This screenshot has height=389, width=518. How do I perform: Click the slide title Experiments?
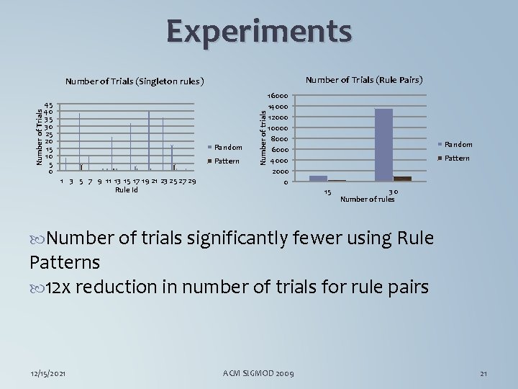coord(259,32)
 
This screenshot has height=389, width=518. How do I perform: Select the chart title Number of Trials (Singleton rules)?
coord(135,81)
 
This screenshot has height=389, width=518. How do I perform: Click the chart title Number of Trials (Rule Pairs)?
coord(364,79)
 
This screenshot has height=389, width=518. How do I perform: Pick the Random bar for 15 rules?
coord(318,178)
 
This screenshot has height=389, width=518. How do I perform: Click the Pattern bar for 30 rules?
coord(402,179)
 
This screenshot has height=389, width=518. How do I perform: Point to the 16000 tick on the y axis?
coord(278,95)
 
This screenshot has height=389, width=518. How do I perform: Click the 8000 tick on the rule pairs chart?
coord(280,138)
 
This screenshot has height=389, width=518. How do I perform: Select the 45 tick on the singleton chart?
coord(47,104)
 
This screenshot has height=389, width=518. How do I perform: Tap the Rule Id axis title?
coord(127,189)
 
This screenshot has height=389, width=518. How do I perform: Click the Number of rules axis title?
coord(367,199)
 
